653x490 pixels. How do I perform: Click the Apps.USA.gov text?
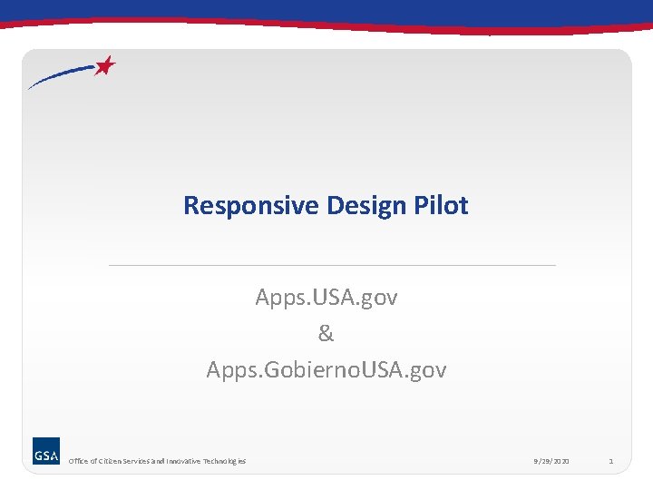coord(326,298)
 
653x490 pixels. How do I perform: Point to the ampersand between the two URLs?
coord(326,334)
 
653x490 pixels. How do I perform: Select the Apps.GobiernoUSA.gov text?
coord(326,370)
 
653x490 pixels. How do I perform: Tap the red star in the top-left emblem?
coord(106,66)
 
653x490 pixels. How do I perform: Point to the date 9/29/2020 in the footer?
coord(552,462)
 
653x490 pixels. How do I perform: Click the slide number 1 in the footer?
coord(611,462)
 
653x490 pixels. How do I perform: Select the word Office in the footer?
coord(78,462)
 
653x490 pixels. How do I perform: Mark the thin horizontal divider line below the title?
coord(332,265)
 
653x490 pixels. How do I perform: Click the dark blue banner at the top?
coord(326,9)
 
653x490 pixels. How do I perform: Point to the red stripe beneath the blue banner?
coord(326,26)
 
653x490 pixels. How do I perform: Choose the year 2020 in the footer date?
coord(561,462)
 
